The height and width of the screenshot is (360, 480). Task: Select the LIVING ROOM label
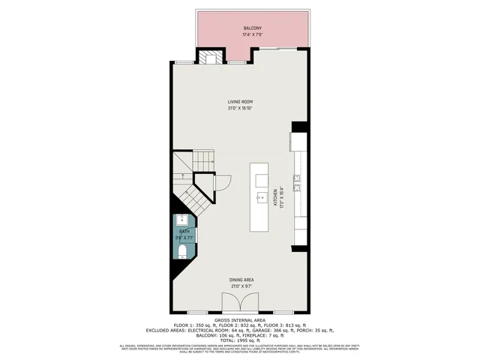(240, 101)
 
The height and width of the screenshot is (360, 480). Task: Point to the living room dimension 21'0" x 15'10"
(240, 108)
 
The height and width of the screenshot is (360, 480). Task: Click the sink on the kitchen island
(261, 199)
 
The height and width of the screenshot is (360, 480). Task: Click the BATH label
(184, 232)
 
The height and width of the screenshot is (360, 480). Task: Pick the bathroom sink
(182, 220)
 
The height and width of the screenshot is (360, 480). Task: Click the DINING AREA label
(240, 280)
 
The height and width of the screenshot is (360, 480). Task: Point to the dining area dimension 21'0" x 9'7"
(240, 286)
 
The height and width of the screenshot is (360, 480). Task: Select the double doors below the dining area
(240, 303)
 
